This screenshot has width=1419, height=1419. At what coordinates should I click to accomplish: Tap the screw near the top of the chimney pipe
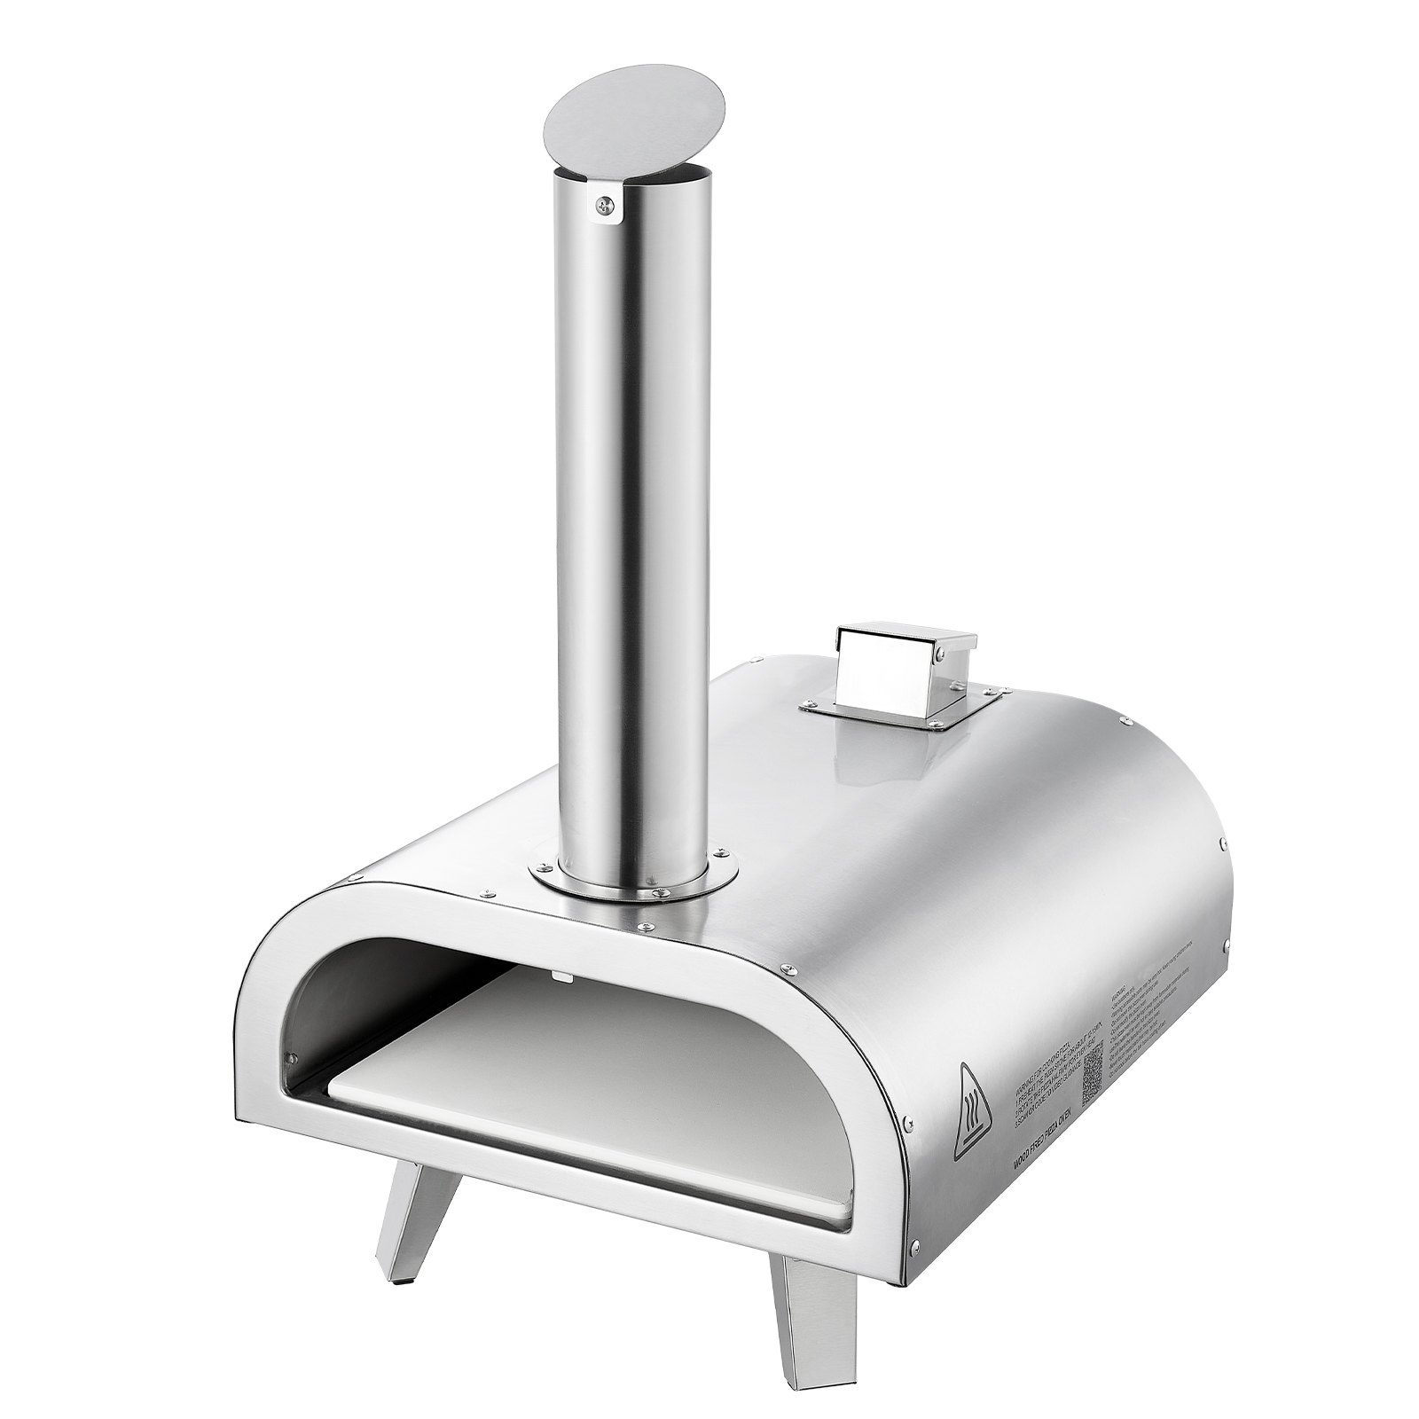603,206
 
